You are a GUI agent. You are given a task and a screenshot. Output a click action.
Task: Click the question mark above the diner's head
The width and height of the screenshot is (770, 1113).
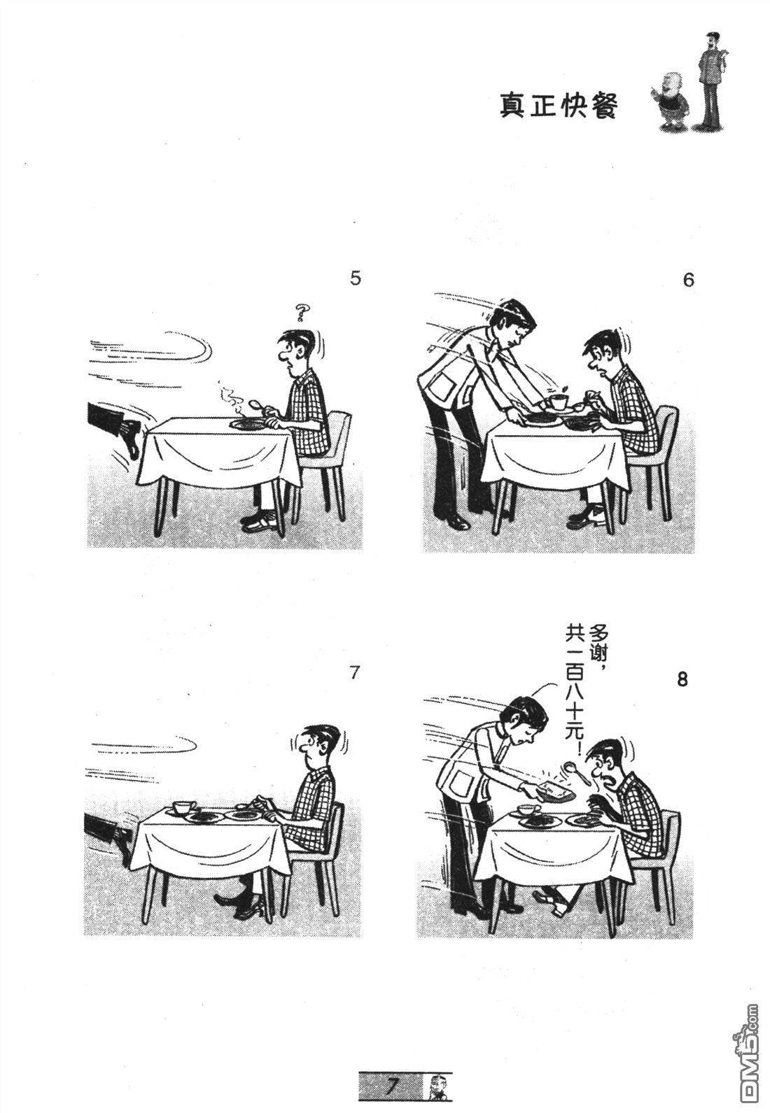point(302,311)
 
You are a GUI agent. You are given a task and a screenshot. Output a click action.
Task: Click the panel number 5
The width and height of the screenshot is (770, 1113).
point(356,278)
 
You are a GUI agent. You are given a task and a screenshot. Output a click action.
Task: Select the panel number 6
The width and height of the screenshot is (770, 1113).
point(688,280)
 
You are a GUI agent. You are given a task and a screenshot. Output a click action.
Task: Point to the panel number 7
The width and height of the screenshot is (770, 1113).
point(354,673)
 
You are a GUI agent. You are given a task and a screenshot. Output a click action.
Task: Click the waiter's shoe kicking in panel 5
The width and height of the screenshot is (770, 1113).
point(130,441)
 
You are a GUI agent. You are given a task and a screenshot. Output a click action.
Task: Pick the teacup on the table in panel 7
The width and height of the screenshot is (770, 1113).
point(182,807)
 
